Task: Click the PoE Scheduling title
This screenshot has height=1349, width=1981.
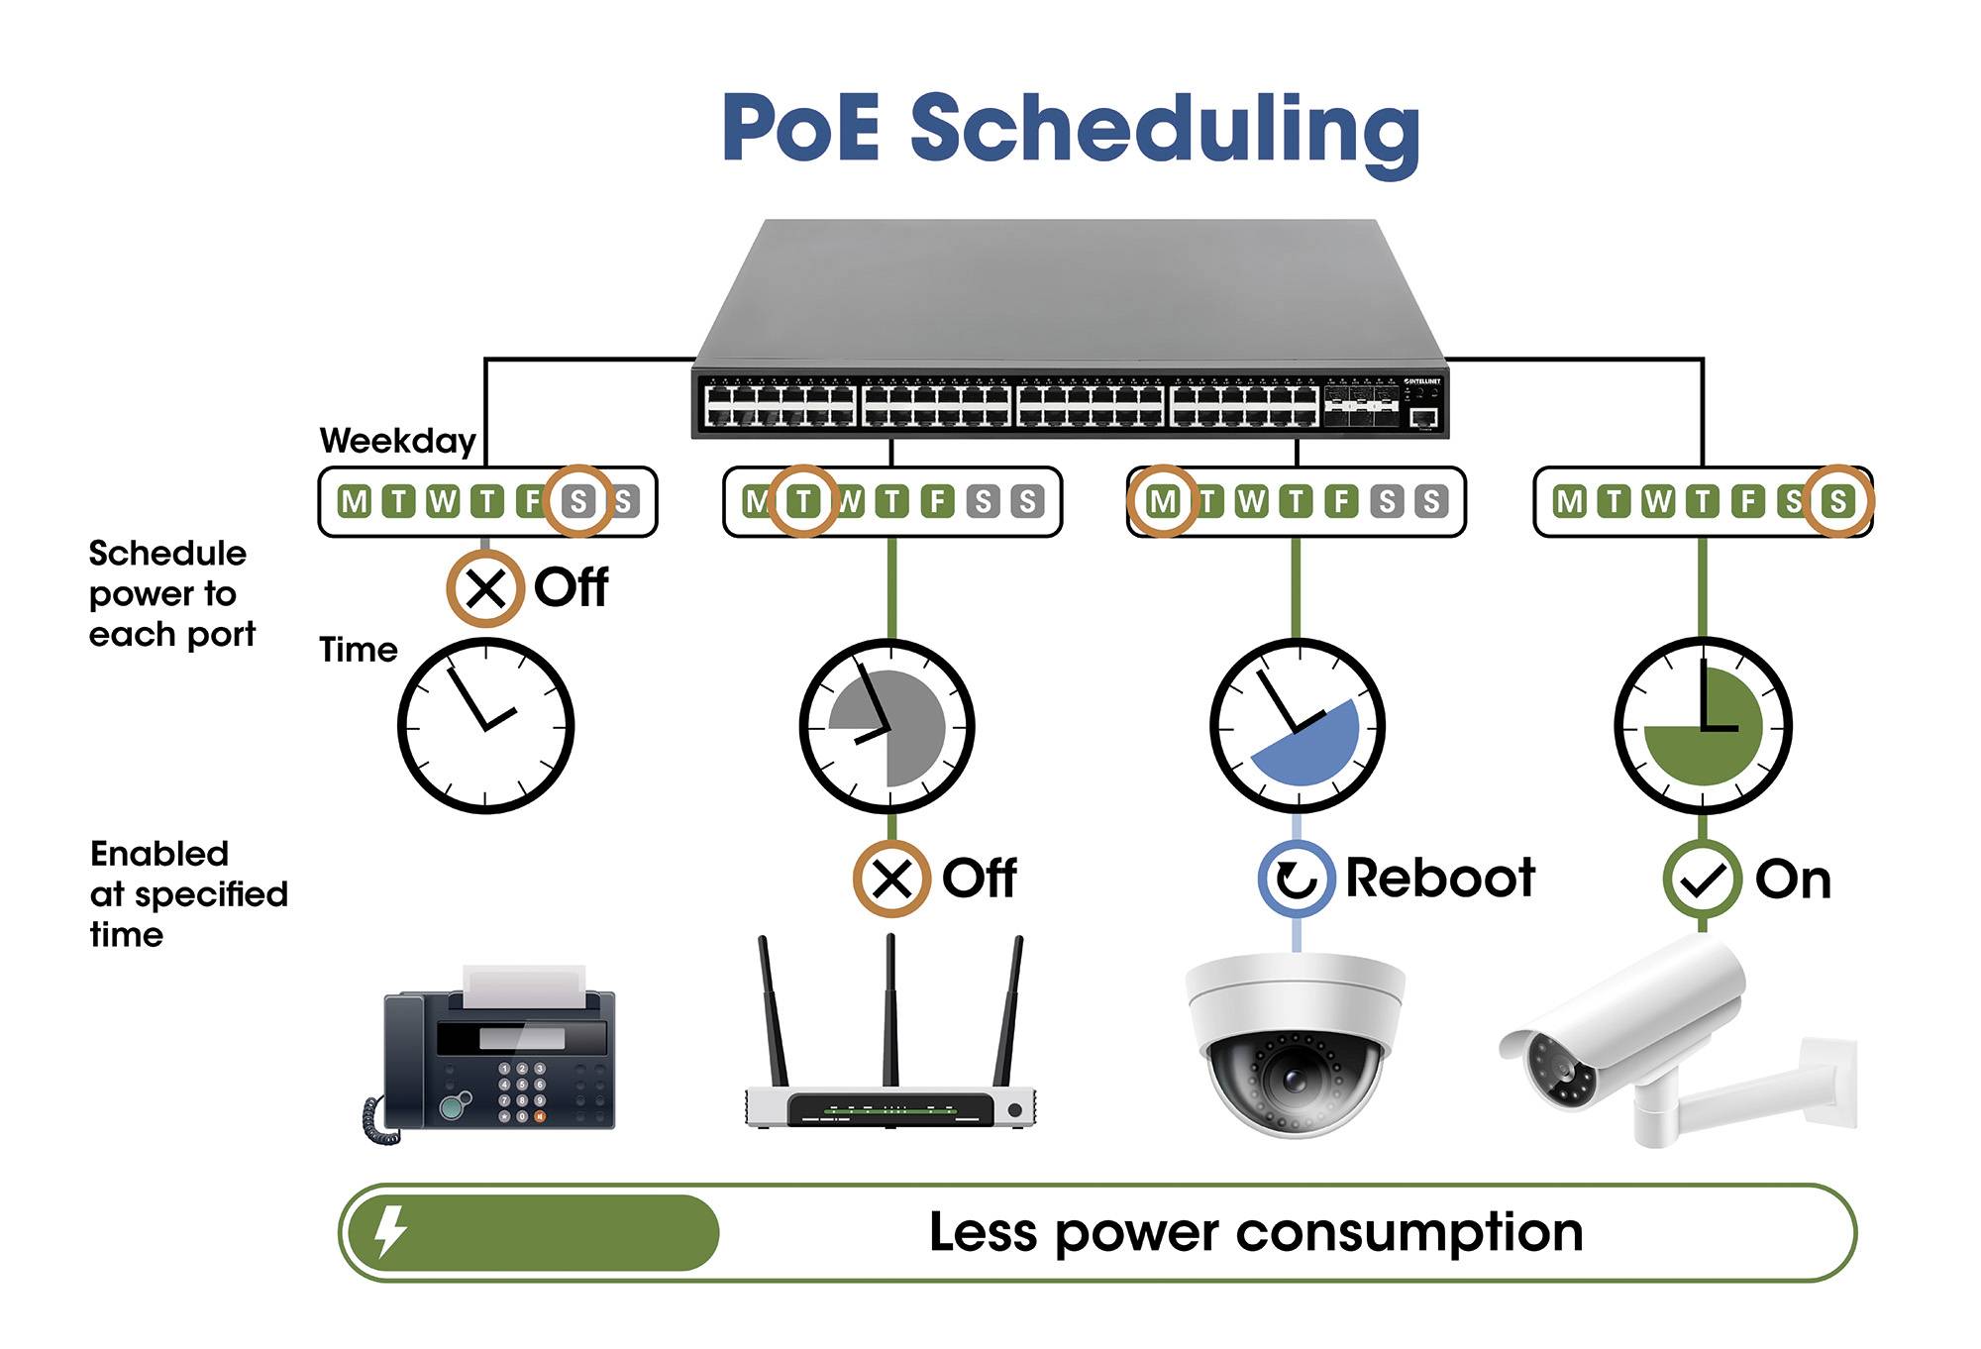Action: [1072, 129]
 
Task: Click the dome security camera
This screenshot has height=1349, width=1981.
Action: [1295, 1045]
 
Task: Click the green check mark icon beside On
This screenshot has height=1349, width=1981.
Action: [1702, 879]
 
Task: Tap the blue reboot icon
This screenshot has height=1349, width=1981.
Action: [1297, 879]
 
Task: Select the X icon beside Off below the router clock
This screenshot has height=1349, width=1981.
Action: [891, 879]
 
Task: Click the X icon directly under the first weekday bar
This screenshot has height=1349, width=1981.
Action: [484, 588]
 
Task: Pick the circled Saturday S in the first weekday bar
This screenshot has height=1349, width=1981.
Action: [578, 501]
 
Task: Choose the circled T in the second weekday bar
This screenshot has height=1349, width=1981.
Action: [803, 501]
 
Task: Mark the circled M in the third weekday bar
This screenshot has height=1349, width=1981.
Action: [1163, 501]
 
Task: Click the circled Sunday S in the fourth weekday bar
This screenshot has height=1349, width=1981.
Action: [1838, 501]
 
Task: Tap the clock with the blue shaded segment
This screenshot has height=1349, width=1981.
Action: [1297, 726]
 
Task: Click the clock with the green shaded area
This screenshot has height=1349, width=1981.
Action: [1703, 726]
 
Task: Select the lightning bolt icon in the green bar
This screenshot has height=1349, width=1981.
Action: [390, 1232]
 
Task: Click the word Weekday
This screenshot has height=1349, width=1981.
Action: [397, 441]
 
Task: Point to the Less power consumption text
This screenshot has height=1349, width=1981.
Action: [1255, 1233]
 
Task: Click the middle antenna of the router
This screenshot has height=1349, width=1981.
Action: [890, 1010]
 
